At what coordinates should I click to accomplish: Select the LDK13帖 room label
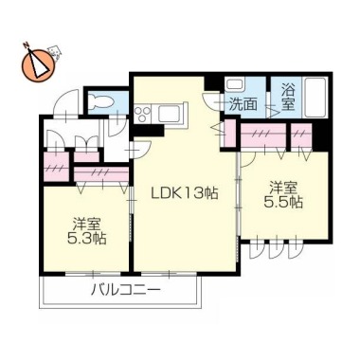click(185, 193)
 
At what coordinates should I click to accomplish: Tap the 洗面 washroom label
click(243, 105)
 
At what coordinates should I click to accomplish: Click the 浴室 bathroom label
click(288, 98)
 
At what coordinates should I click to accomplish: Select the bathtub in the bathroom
click(315, 97)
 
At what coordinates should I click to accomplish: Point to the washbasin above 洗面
click(234, 85)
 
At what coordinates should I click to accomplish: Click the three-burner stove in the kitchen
click(143, 114)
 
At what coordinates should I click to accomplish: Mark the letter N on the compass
click(27, 45)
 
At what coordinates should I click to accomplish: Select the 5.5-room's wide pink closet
click(263, 135)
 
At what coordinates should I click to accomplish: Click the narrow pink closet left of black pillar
click(301, 135)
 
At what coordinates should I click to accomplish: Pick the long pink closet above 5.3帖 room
click(101, 173)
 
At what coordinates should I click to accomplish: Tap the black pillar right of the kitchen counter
click(149, 131)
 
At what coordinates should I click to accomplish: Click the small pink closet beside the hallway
click(56, 167)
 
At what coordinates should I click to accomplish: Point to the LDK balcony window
click(168, 273)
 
